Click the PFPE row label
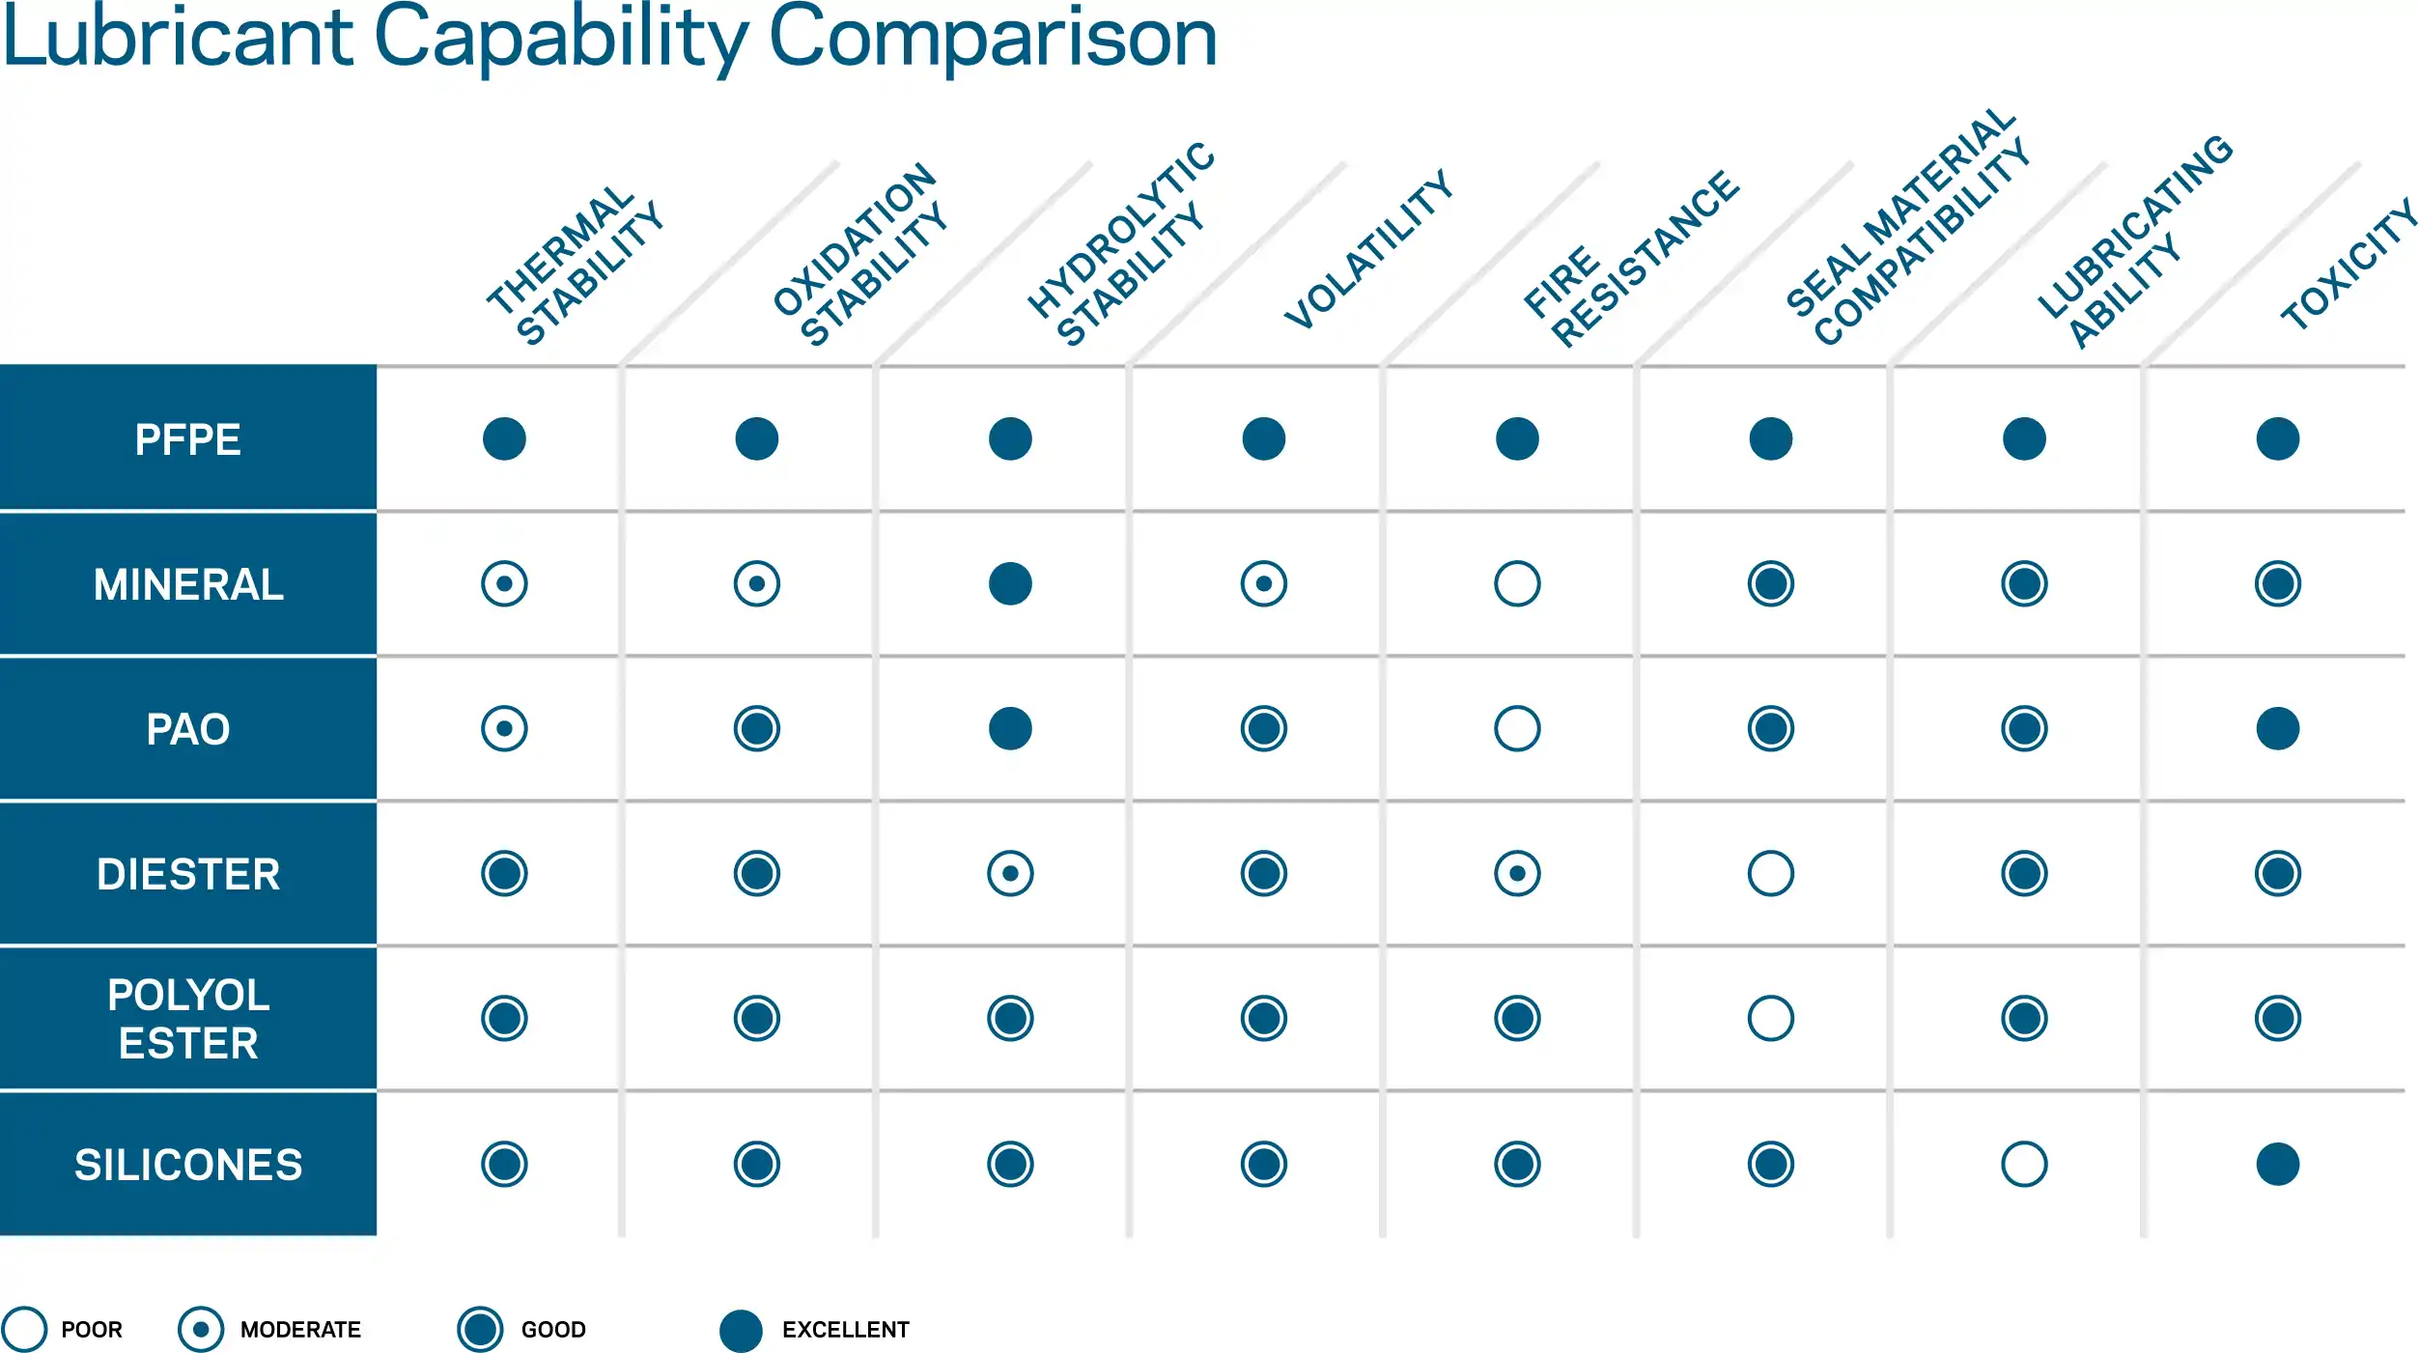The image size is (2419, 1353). pos(187,439)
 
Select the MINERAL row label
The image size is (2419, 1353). pos(187,584)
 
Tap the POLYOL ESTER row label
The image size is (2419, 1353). pos(187,1019)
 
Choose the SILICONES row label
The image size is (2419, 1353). pos(187,1165)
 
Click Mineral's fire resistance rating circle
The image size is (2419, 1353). pos(1517,583)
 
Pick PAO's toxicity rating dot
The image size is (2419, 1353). pos(2277,728)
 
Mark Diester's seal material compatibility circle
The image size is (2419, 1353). pos(1770,873)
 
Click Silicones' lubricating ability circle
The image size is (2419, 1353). pos(2024,1164)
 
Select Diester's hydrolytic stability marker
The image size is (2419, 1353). pos(1010,873)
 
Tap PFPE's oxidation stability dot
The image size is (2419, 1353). pos(756,438)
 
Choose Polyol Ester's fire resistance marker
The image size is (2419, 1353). pos(1517,1018)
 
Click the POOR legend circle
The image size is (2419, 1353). pos(24,1329)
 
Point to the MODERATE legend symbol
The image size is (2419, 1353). pos(201,1329)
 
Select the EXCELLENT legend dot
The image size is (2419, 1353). pos(741,1331)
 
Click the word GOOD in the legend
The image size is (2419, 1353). pos(553,1330)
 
